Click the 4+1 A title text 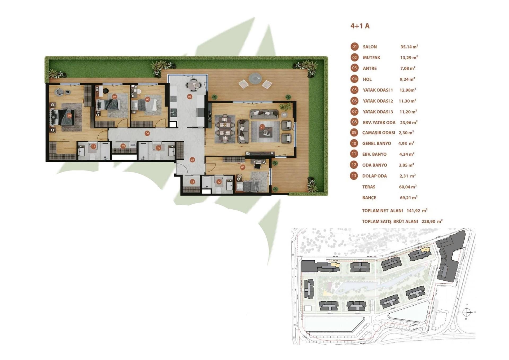[x=360, y=26]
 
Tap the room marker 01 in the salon [x=262, y=127]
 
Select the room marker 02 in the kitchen [x=189, y=97]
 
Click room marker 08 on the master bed [x=69, y=116]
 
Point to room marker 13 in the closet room [x=192, y=182]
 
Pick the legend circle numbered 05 [x=354, y=90]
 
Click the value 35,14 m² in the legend [x=409, y=47]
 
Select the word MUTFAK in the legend [x=371, y=58]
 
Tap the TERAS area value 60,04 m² [x=407, y=187]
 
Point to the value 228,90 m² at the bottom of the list [x=432, y=221]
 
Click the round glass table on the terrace [x=255, y=78]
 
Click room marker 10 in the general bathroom [x=158, y=148]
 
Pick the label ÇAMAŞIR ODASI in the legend [x=379, y=133]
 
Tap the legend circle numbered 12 [x=354, y=165]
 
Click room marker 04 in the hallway [x=147, y=133]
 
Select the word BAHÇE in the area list [x=369, y=198]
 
